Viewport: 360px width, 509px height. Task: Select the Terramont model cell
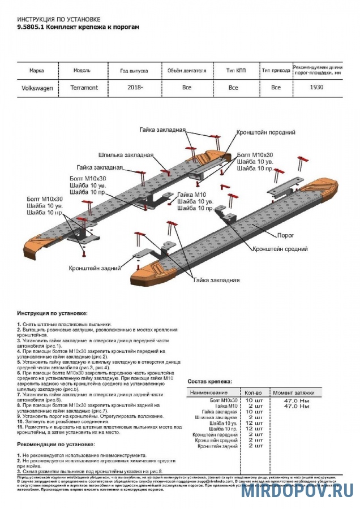point(84,88)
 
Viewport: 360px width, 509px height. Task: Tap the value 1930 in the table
point(318,88)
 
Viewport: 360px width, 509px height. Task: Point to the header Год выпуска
point(134,71)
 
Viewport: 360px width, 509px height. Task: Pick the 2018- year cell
point(135,88)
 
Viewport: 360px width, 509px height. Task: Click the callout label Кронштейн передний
point(266,132)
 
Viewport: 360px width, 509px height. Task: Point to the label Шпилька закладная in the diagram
point(126,154)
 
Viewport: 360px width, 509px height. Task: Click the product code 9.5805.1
point(30,27)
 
